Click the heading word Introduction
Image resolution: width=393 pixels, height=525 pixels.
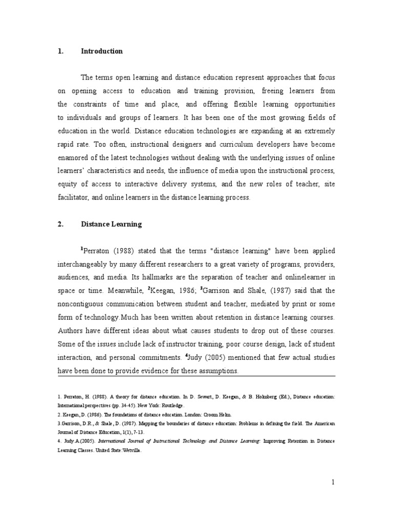(x=102, y=51)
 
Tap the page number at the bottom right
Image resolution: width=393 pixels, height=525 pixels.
(x=333, y=481)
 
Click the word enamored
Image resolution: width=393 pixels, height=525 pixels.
(x=73, y=158)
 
